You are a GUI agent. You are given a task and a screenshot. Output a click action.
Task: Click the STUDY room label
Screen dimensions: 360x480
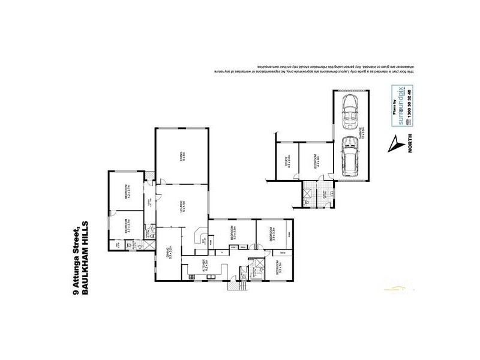(x=287, y=161)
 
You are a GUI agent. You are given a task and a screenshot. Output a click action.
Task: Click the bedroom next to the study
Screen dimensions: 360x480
(x=316, y=160)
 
